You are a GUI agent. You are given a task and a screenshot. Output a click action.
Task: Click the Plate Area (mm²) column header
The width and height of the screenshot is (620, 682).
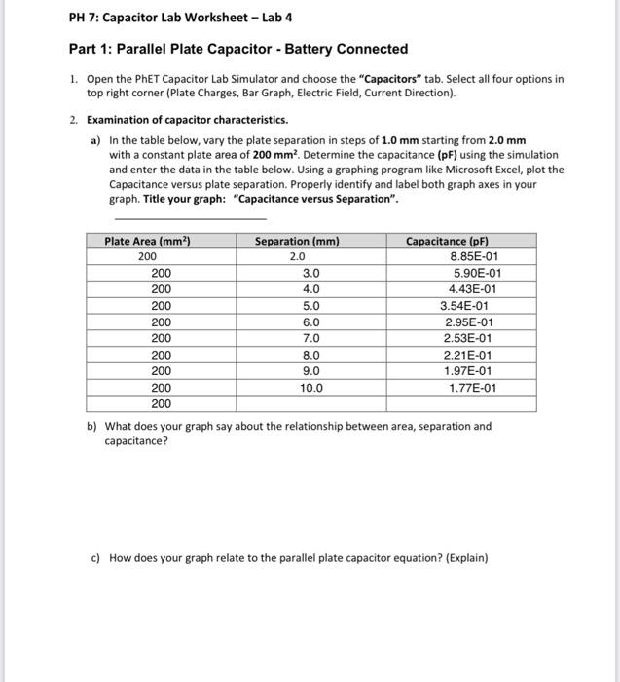(x=147, y=241)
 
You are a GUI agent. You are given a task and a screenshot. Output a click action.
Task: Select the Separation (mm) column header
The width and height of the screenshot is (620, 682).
(x=297, y=241)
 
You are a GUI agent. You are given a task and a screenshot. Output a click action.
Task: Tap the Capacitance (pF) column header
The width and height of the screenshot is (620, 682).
(x=447, y=241)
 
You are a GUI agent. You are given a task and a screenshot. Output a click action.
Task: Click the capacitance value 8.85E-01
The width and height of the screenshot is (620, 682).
(x=475, y=256)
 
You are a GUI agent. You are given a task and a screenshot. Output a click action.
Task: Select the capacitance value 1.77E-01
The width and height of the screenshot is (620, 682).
(x=472, y=388)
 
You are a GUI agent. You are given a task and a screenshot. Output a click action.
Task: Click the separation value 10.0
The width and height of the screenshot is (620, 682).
(x=311, y=388)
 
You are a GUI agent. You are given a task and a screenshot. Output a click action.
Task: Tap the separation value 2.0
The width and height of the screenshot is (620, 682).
(x=297, y=256)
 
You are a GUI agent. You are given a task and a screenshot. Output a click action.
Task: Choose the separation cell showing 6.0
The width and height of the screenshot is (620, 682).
(x=311, y=322)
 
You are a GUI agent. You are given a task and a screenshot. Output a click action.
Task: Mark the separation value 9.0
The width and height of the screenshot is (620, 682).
(x=311, y=371)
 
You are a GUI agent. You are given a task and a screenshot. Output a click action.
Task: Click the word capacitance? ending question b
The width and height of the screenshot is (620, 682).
(x=135, y=440)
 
